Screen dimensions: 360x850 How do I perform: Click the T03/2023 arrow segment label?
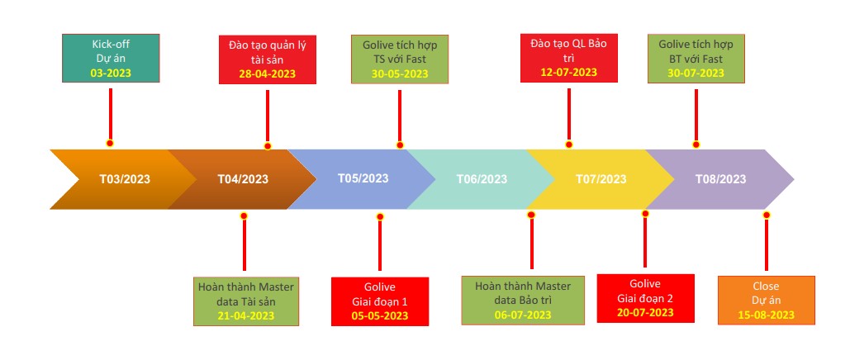coord(125,179)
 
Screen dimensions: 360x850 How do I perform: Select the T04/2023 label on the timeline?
coord(243,179)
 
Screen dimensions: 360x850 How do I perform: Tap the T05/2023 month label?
coord(363,178)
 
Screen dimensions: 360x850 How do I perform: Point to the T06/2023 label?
coord(482,179)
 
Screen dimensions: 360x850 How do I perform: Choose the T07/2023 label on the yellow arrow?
coord(601,179)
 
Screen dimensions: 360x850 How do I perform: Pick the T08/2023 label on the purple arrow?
coord(720,179)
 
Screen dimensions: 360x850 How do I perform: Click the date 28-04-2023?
coord(268,74)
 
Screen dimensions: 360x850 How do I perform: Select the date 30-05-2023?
coord(400,73)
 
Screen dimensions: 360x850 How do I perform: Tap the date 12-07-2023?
coord(568,73)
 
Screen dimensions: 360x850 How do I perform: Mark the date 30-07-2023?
coord(696,73)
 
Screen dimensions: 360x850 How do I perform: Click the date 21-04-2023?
coord(245,315)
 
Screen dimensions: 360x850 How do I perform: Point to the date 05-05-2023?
coord(379,315)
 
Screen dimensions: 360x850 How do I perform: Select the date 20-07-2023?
coord(645,312)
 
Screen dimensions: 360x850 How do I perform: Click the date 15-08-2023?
coord(766,315)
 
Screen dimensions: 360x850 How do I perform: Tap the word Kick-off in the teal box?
coord(111,44)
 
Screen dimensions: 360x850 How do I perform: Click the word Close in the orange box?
coord(766,287)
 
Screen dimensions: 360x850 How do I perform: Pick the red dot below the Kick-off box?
coord(110,143)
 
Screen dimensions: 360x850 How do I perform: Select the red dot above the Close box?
coord(767,215)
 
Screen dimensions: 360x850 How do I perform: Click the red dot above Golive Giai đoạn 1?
coord(380,217)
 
